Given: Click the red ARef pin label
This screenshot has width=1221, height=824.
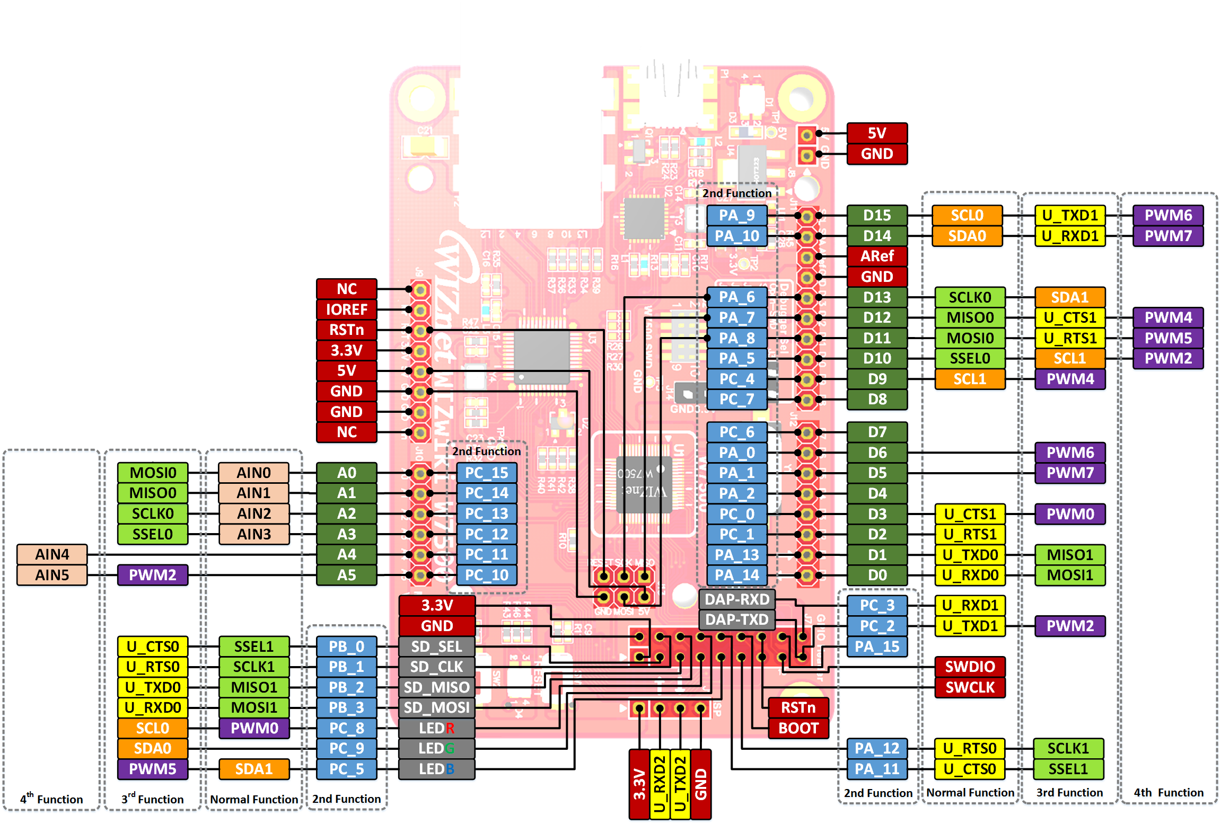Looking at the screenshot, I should (876, 256).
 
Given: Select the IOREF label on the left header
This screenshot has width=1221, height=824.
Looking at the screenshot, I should (346, 309).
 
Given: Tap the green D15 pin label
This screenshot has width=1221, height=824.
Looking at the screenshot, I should (876, 215).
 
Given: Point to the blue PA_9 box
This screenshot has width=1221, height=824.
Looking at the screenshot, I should (736, 215).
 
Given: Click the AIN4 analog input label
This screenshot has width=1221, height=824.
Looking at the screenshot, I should (52, 554).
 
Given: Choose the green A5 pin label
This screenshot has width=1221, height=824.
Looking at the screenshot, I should (346, 575).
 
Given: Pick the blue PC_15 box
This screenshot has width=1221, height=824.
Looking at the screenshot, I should (486, 473).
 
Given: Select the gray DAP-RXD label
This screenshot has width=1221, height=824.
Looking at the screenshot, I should (736, 599).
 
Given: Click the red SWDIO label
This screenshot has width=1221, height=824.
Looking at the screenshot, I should (970, 667).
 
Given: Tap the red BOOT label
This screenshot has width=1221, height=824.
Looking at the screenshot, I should (798, 728).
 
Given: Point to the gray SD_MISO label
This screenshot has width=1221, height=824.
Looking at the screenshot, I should (436, 687).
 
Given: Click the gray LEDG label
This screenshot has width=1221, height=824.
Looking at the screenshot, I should (436, 748).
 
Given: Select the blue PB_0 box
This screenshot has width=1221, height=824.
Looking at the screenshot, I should (346, 646).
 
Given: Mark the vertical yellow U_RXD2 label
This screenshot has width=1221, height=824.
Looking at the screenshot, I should (660, 784).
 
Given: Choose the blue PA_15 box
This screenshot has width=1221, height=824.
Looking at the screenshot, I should (876, 646).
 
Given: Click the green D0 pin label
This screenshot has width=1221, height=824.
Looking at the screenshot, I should (876, 575).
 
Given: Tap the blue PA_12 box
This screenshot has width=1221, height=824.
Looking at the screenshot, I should (876, 748).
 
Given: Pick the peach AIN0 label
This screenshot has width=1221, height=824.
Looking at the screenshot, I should (253, 473).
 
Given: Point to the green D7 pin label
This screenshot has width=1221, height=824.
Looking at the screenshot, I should (876, 432).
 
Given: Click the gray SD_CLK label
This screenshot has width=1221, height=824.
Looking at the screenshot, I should (436, 667).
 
